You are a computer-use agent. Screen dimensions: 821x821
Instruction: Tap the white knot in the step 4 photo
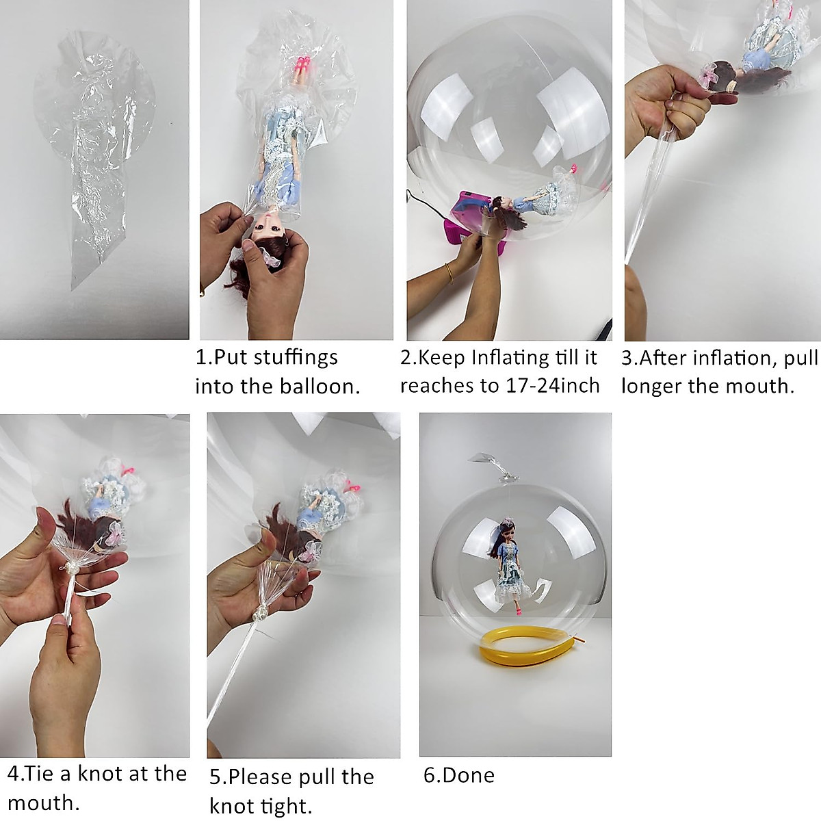click(x=70, y=567)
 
